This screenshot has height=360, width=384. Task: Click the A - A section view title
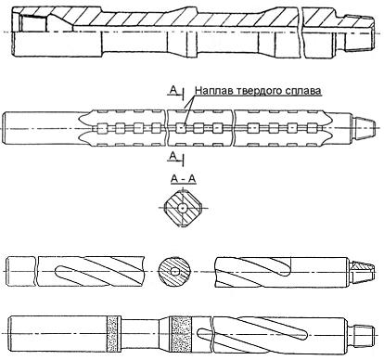[x=183, y=179]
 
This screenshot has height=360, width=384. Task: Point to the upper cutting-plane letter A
[x=173, y=90]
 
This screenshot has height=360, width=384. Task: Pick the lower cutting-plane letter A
[x=173, y=156]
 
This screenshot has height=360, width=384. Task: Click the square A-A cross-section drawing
[x=183, y=208]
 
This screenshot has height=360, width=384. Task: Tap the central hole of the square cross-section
[x=183, y=208]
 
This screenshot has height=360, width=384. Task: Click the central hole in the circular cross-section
[x=175, y=272]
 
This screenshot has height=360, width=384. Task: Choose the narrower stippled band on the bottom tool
[x=112, y=334]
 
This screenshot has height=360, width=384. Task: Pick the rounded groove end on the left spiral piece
[x=58, y=272]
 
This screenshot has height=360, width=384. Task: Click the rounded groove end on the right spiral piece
[x=287, y=270]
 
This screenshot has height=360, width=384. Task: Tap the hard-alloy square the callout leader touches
[x=180, y=128]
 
